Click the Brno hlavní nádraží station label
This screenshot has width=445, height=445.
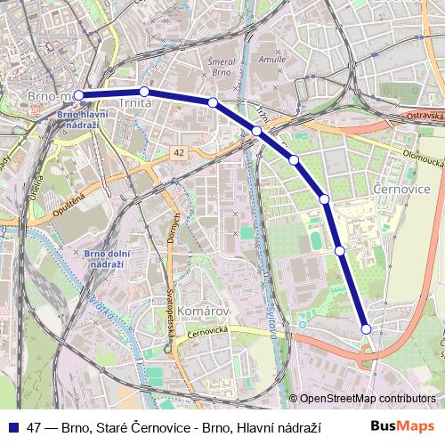point(81,119)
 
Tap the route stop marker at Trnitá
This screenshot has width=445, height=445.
point(144,91)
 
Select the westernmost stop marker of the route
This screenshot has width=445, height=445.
point(79,94)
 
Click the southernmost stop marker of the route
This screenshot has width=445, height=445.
point(366,329)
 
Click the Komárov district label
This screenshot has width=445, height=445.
point(204,311)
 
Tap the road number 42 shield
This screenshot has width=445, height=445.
point(180,153)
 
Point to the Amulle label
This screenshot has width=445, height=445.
point(271,57)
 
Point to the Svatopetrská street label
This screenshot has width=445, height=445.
point(170,312)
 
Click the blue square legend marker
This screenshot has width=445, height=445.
point(13,426)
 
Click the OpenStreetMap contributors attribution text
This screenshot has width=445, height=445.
point(368,399)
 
